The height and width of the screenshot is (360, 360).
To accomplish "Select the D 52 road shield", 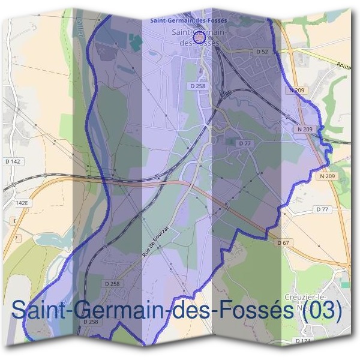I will [x=262, y=52].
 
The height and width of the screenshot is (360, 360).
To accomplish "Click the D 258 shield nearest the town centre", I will [x=197, y=86].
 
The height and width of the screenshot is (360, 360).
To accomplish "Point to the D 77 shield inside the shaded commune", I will [x=244, y=143].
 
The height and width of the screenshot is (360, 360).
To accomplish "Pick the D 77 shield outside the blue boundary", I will [x=322, y=209].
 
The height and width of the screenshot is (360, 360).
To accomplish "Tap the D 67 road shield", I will [x=283, y=242].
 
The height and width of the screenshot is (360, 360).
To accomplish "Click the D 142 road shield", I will [x=12, y=161].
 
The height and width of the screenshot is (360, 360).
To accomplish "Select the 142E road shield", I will [x=22, y=203].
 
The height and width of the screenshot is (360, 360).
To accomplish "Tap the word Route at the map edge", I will [x=344, y=66].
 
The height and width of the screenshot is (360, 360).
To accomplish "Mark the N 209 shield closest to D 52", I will [x=296, y=89].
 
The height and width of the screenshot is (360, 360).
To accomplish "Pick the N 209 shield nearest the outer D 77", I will [x=327, y=176].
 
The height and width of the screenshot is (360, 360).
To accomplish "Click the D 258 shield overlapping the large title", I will [x=91, y=322].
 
